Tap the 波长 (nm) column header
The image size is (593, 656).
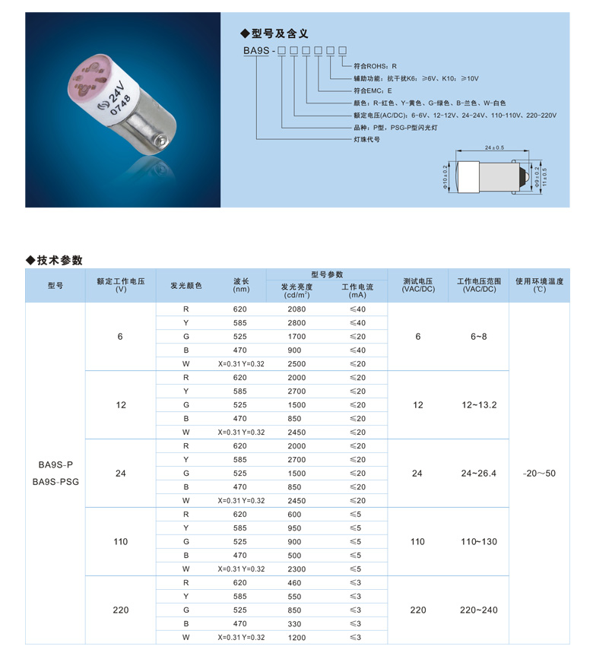[x=241, y=285]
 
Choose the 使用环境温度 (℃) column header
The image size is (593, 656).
[x=539, y=285]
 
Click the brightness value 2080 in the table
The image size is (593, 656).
[x=297, y=309]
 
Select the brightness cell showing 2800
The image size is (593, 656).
[x=297, y=323]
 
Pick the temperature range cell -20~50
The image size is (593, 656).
[x=539, y=474]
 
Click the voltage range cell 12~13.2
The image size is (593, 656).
[x=478, y=405]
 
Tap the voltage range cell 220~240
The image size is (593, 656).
[x=478, y=610]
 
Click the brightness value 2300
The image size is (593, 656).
[x=297, y=569]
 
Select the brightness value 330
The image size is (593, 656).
[x=297, y=624]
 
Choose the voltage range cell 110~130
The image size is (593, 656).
[x=478, y=542]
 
